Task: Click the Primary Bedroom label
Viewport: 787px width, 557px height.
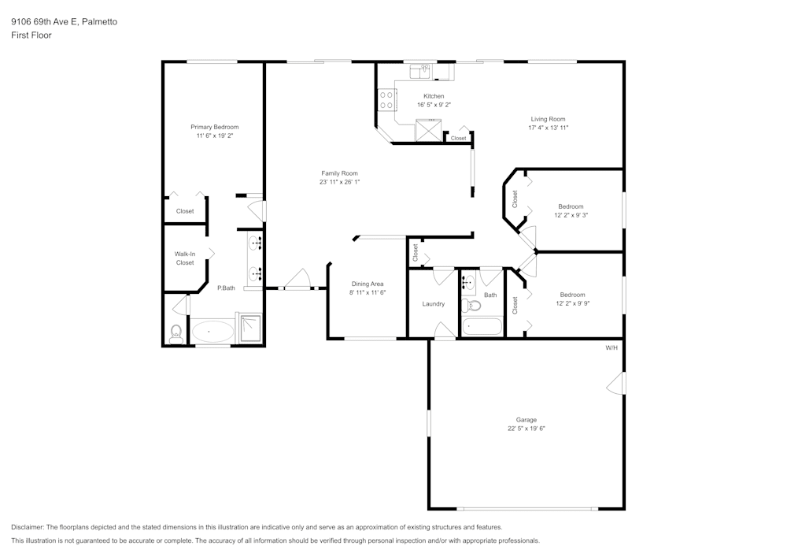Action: tap(214, 127)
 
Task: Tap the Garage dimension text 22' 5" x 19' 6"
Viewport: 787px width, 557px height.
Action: tap(527, 429)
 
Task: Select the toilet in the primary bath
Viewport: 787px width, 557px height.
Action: tap(176, 334)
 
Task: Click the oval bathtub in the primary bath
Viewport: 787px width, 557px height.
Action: tap(212, 332)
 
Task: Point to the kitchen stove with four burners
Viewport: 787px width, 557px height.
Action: tap(387, 100)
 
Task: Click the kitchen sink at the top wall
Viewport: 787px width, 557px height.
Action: tap(419, 72)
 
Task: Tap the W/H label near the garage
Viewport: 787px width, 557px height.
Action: tap(611, 347)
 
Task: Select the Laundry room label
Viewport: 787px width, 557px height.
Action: tap(433, 304)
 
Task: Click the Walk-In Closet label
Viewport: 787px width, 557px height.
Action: tap(185, 258)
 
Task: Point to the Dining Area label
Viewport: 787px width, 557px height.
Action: tap(367, 284)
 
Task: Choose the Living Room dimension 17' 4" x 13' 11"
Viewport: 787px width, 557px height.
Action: tap(548, 128)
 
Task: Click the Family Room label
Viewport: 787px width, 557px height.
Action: tap(339, 173)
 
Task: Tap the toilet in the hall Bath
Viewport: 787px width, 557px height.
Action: tap(471, 305)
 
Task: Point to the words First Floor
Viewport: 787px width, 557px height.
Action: tap(31, 35)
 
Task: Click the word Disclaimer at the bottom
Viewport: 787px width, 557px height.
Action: tap(28, 527)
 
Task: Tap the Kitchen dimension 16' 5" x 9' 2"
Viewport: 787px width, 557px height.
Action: tap(434, 105)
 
